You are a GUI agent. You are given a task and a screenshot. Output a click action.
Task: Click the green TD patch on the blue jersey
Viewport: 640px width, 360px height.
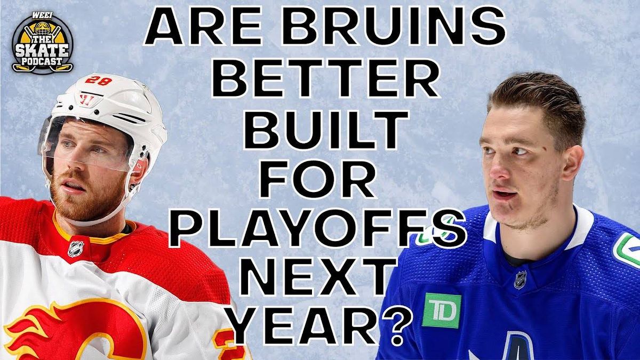pyautogui.click(x=441, y=310)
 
